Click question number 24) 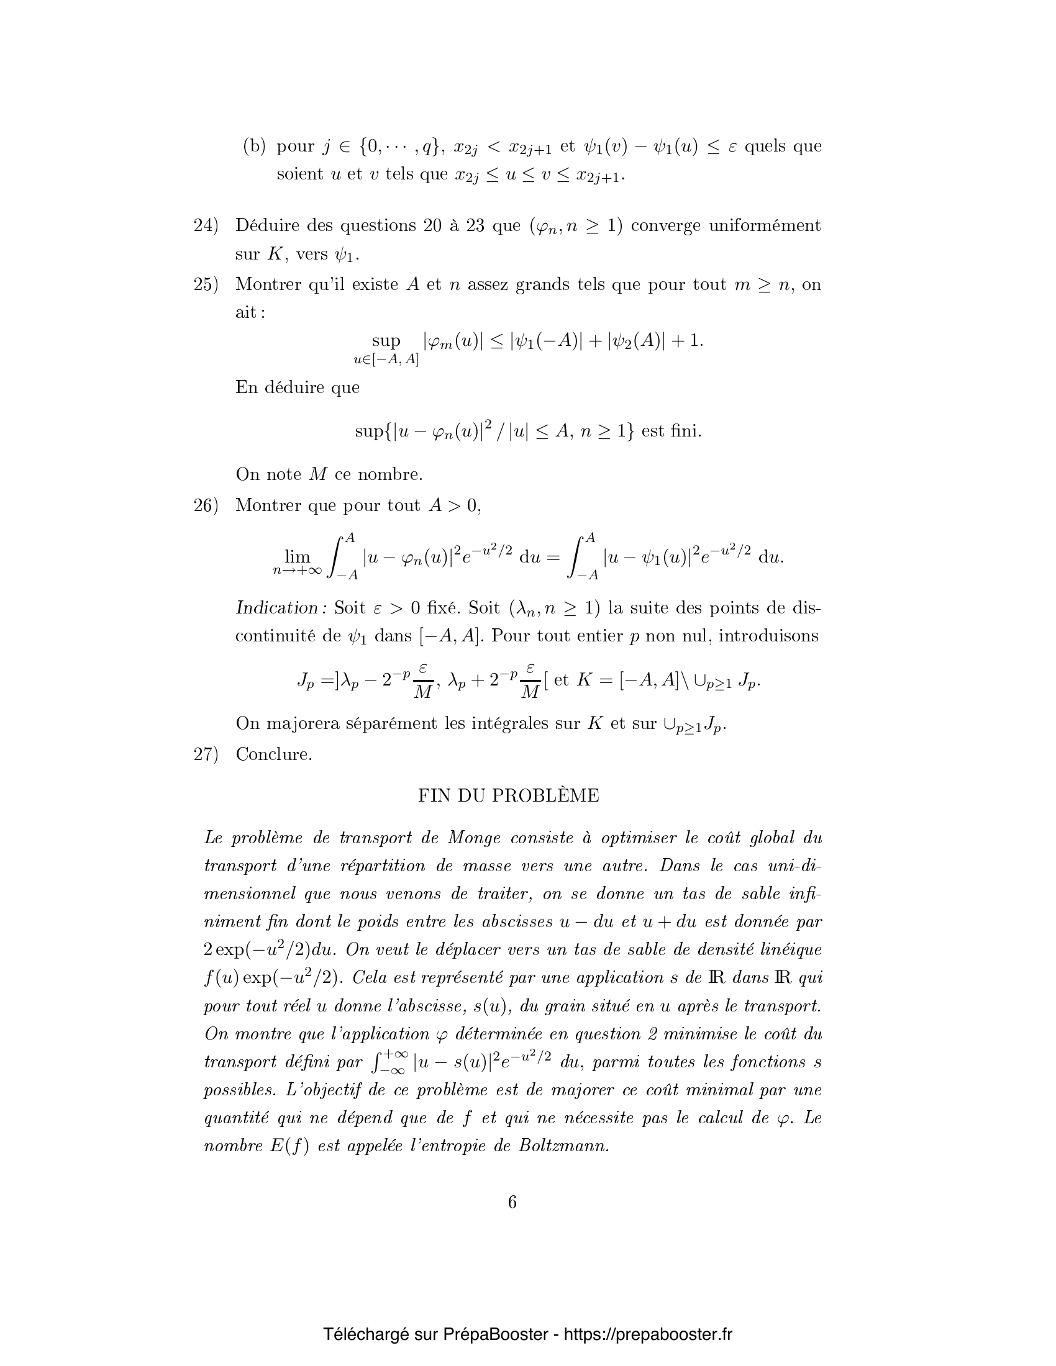(206, 226)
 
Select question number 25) (206, 285)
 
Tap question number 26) (206, 505)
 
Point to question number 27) (206, 754)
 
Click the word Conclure (273, 754)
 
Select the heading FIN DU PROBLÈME (508, 795)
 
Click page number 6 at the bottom (512, 1202)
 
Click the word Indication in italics (281, 607)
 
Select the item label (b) (254, 147)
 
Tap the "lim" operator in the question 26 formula (297, 556)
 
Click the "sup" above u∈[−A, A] (386, 341)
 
